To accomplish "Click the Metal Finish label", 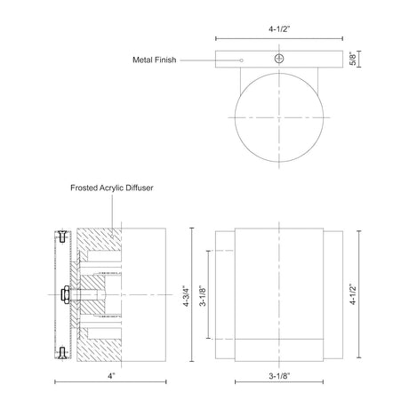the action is [x=155, y=60].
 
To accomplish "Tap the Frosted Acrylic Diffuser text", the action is [x=112, y=188].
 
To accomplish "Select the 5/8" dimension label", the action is [x=353, y=59].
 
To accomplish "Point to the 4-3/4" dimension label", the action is [x=187, y=294].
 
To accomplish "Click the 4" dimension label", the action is [x=111, y=376].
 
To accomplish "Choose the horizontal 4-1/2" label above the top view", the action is [x=279, y=29].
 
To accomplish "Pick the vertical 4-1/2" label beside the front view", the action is [x=353, y=294].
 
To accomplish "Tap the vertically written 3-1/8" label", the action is [x=203, y=294].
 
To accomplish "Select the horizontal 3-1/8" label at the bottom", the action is [x=279, y=376].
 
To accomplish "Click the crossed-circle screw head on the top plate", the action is [x=278, y=59].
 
